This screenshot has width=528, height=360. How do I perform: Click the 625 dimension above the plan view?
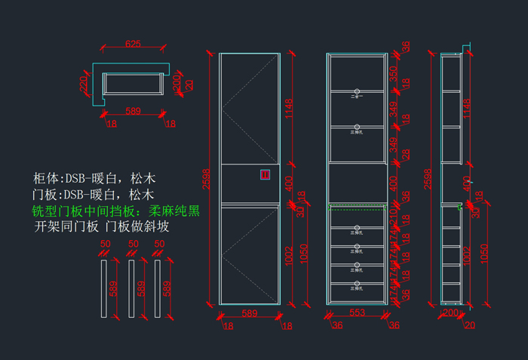(x=133, y=44)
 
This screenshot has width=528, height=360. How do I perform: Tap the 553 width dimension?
(x=357, y=312)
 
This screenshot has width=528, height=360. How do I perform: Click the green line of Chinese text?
(x=116, y=211)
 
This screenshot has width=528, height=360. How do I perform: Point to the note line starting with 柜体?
(x=94, y=180)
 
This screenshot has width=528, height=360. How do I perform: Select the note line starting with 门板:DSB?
(x=94, y=195)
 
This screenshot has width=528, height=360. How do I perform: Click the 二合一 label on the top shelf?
(x=358, y=96)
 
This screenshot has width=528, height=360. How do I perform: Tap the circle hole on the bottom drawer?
(x=358, y=284)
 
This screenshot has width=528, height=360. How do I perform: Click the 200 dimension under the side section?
(x=450, y=312)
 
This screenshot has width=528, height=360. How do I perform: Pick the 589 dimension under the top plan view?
(x=133, y=112)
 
